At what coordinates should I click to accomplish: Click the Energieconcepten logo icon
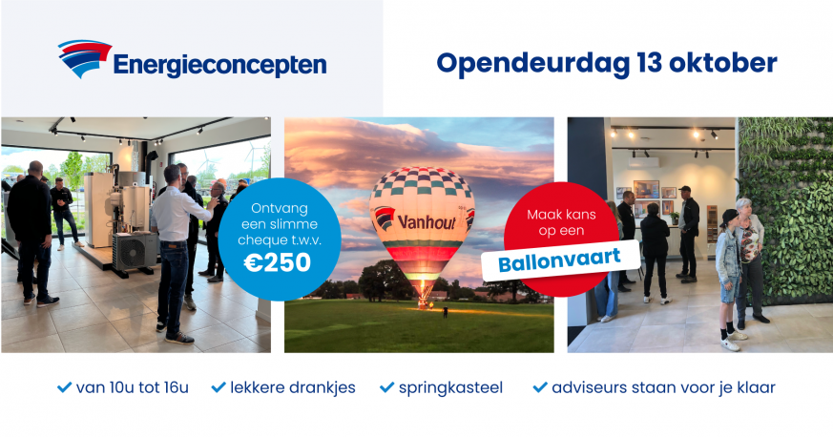[85, 58]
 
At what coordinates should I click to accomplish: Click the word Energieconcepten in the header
[219, 65]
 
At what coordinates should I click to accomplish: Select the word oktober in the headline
[722, 62]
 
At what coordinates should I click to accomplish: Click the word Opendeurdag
[533, 64]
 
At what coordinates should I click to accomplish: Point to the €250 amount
[278, 262]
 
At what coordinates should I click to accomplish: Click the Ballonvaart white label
[560, 260]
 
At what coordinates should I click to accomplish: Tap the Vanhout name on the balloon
[427, 221]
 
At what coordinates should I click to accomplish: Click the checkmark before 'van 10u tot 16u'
[64, 387]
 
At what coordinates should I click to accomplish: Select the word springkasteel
[450, 388]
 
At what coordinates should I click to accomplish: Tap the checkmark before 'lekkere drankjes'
[219, 387]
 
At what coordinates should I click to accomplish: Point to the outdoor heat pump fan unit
[135, 252]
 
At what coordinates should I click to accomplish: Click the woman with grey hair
[749, 260]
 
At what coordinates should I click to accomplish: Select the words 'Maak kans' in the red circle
[561, 215]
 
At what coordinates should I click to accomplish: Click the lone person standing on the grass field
[446, 312]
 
